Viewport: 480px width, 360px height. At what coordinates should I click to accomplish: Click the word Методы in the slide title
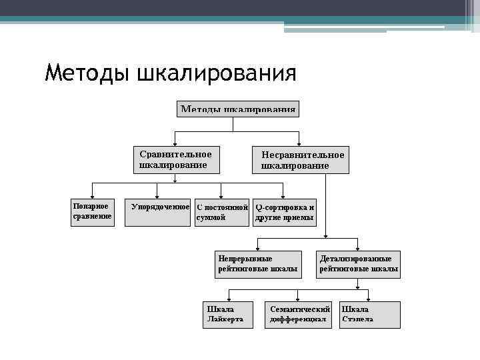[x=88, y=72]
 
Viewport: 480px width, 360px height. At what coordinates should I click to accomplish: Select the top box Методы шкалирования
[x=238, y=109]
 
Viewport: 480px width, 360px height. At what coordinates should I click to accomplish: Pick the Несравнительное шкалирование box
[x=300, y=160]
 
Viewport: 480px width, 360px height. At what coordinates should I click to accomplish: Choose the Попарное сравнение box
[x=93, y=212]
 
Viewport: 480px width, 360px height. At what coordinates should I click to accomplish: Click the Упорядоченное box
[x=159, y=212]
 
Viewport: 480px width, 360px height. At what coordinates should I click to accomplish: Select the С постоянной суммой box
[x=222, y=212]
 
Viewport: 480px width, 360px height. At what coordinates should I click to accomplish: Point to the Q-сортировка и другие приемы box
[x=285, y=212]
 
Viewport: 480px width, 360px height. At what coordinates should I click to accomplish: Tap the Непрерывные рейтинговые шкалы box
[x=258, y=264]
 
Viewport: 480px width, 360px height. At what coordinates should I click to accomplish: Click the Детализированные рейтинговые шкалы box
[x=359, y=264]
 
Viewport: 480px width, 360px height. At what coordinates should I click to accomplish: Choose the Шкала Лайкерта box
[x=229, y=315]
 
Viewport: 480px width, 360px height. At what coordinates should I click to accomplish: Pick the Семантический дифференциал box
[x=299, y=315]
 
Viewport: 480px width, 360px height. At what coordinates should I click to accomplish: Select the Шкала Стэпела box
[x=370, y=315]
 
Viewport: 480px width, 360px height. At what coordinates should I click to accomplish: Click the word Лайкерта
[x=226, y=320]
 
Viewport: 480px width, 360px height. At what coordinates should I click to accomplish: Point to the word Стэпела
[x=358, y=320]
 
